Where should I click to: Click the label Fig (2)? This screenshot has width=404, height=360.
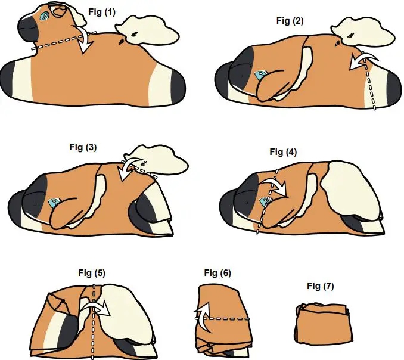point(290,21)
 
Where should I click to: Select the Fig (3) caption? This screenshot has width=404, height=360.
point(83,146)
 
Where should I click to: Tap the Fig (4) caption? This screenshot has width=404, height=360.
point(283,152)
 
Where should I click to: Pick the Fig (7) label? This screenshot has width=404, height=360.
point(321,286)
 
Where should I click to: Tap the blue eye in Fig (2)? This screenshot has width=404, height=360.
point(260,75)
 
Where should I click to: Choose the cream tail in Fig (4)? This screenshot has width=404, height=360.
point(352,191)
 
